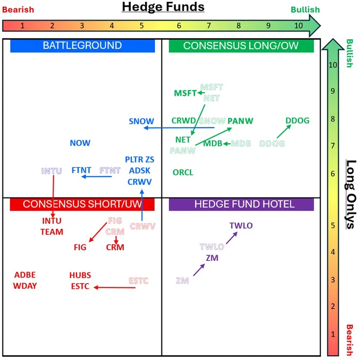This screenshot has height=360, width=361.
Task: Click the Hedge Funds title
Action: pos(163,7)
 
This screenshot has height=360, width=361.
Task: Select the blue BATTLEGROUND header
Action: pos(82,45)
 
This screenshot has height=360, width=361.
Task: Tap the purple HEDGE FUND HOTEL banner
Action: pos(241,204)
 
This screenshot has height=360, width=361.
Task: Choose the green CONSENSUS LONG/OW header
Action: pos(241,46)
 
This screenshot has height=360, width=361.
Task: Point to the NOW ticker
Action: pos(80,143)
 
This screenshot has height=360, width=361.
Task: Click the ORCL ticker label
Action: pos(183,172)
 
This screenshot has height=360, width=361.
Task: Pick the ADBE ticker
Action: pos(25,275)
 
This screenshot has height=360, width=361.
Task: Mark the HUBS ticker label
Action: pos(80,275)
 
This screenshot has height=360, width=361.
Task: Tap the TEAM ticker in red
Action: pos(52,232)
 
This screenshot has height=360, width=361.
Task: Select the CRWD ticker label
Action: pos(183,120)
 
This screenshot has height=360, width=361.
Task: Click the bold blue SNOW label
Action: pos(141,121)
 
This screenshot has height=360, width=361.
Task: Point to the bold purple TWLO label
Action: pos(241,225)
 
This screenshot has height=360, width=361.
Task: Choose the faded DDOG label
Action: pos(272,143)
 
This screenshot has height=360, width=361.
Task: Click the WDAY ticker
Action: pos(25,286)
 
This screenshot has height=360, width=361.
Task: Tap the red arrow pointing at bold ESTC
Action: pos(115,287)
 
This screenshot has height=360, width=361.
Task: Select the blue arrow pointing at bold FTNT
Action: pos(97,177)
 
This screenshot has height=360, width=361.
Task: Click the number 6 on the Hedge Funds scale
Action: pos(179,25)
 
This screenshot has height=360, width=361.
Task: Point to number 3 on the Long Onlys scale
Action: pos(333,280)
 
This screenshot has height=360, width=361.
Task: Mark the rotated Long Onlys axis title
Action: pos(351,195)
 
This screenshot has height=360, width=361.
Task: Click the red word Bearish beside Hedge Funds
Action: pos(18,10)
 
